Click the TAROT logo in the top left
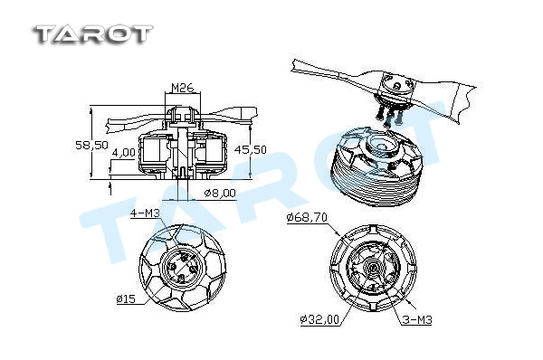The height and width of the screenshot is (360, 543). pos(93,34)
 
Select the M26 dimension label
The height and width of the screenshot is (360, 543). pos(183,88)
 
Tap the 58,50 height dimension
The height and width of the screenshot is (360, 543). pos(91,145)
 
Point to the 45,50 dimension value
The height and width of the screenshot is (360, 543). pos(251,149)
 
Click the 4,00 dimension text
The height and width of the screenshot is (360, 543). pos(124,152)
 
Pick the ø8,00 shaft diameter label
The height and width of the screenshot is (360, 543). pos(220,193)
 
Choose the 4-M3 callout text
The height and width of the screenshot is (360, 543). pos(145,213)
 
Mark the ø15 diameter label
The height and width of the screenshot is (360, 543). pos(126,298)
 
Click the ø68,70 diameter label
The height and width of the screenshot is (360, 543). pos(307,217)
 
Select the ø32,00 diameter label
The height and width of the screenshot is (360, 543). pos(319,319)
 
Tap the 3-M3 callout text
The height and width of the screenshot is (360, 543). pos(417,319)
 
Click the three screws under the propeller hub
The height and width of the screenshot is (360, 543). pos(389,116)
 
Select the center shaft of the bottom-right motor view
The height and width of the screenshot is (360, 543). pos(374,268)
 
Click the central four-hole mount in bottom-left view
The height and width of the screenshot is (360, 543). pos(178,268)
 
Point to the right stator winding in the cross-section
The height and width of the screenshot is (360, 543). pos(210,151)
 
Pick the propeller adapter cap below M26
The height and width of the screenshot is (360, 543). pos(182,115)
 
